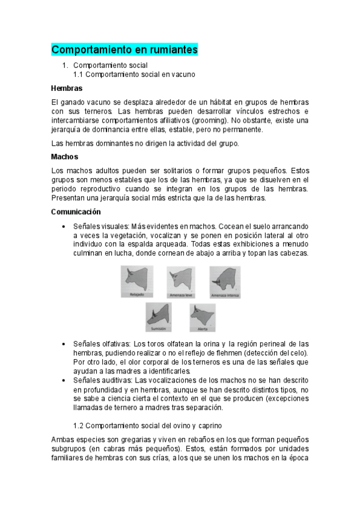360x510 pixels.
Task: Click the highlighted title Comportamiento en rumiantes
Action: click(x=124, y=49)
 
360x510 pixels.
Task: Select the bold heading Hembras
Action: click(x=67, y=88)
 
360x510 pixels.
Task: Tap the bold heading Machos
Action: click(x=65, y=156)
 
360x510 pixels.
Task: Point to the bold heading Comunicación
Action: click(x=76, y=212)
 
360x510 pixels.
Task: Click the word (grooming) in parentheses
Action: click(x=206, y=120)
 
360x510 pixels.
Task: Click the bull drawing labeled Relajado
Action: click(x=137, y=280)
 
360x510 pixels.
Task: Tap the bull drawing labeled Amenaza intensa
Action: click(x=225, y=280)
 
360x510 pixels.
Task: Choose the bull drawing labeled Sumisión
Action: click(x=159, y=315)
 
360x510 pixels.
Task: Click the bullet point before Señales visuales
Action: click(x=64, y=227)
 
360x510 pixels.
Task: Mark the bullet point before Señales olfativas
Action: click(x=64, y=343)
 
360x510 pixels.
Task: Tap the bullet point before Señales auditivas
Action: click(x=64, y=382)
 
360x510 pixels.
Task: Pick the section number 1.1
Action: click(x=79, y=75)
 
